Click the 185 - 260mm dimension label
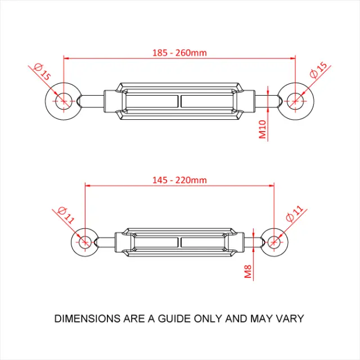[179, 52]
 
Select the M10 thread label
[262, 130]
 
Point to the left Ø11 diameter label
[65, 215]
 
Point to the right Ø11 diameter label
[294, 215]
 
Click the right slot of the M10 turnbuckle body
[206, 101]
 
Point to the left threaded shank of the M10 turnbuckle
[93, 101]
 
